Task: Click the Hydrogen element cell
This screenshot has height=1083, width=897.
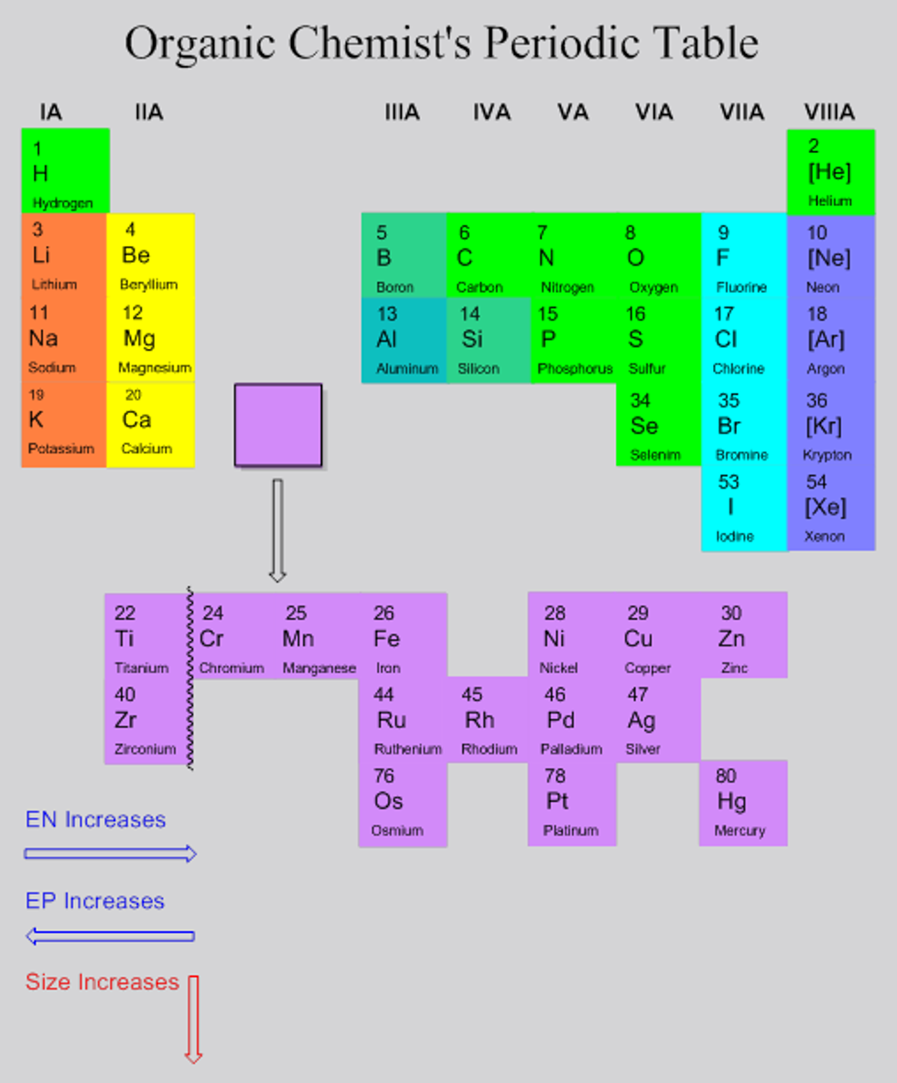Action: pyautogui.click(x=65, y=171)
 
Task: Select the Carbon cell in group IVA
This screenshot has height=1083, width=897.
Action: pyautogui.click(x=489, y=256)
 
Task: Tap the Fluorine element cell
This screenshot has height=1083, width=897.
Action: pyautogui.click(x=743, y=256)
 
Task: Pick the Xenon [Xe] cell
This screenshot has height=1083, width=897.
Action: pyautogui.click(x=830, y=509)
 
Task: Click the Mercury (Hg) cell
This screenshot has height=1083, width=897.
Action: pyautogui.click(x=742, y=803)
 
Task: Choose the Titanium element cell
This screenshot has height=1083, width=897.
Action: pyautogui.click(x=146, y=636)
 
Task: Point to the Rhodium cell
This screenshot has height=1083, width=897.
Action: pyautogui.click(x=488, y=720)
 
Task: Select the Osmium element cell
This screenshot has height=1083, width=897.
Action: pyautogui.click(x=402, y=803)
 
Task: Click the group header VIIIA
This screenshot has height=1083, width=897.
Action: pyautogui.click(x=829, y=113)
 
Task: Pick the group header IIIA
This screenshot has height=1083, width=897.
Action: pyautogui.click(x=402, y=113)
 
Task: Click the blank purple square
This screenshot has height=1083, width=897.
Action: pyautogui.click(x=278, y=426)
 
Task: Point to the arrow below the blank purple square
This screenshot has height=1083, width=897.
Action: pyautogui.click(x=277, y=530)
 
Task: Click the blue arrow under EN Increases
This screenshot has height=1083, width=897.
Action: pyautogui.click(x=110, y=854)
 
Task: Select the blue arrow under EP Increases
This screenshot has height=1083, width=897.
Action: pyautogui.click(x=110, y=936)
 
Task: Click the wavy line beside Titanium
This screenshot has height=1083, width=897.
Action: pyautogui.click(x=190, y=677)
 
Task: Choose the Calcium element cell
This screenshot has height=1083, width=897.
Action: pyautogui.click(x=150, y=426)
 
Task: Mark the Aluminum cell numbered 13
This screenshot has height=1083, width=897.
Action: pyautogui.click(x=404, y=340)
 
